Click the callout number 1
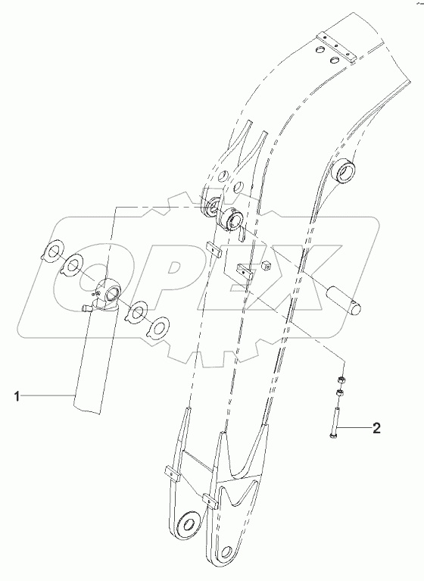pos(17,397)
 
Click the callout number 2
pos(376,429)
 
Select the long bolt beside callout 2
pos(335,422)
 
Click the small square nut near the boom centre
pos(264,265)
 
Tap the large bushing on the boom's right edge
pos(346,170)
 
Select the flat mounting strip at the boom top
pos(337,48)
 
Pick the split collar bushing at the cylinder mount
pos(230,220)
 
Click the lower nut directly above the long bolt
pos(338,392)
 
